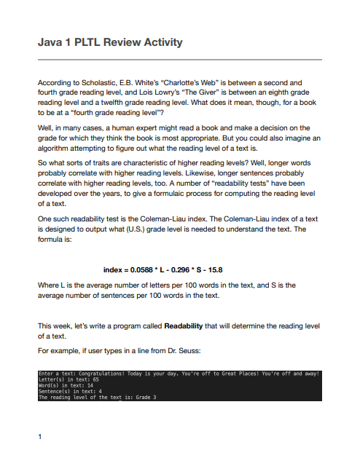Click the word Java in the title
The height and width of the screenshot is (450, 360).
tap(50, 42)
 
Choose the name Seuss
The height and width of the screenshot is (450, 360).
tap(202, 350)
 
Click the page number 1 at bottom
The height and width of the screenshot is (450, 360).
tap(39, 437)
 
